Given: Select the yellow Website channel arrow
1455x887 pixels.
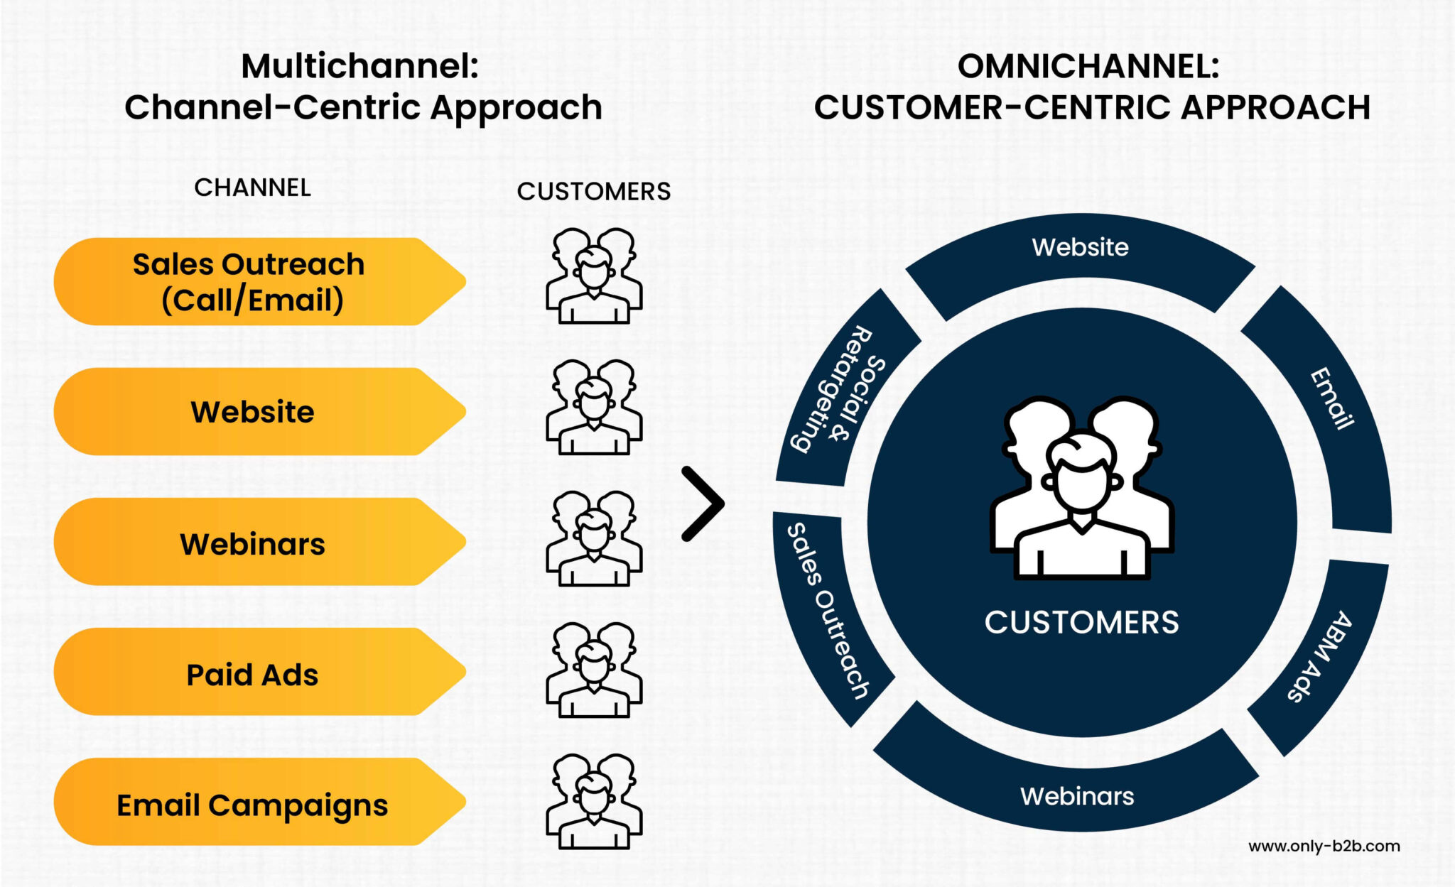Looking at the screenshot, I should [252, 412].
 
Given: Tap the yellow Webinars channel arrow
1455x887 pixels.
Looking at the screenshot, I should [252, 543].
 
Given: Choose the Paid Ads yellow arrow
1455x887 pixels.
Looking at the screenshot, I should [252, 673].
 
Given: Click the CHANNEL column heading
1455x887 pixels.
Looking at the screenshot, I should [252, 187].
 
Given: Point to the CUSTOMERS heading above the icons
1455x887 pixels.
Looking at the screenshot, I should [593, 191].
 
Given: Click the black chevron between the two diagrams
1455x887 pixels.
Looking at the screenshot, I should [703, 504].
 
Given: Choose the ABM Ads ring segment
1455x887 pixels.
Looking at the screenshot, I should [1321, 657].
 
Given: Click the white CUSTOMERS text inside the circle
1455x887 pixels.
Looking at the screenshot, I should [1081, 622].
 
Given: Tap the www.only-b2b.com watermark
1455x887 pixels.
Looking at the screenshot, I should [1324, 846].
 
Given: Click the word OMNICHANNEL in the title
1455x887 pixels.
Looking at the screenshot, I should [1087, 66].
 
